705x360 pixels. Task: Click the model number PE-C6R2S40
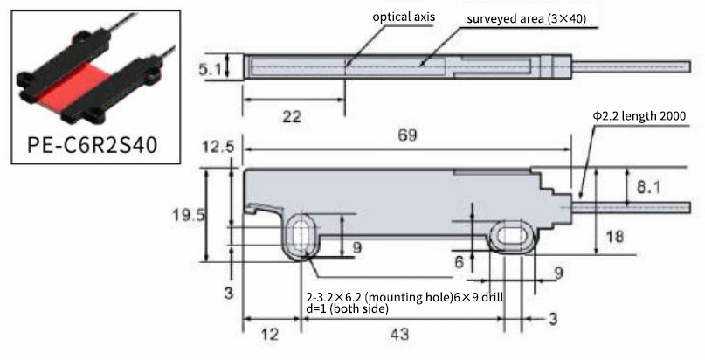[x=93, y=145]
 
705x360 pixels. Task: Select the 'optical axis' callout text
[x=404, y=17]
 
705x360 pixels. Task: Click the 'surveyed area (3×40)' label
[x=527, y=19]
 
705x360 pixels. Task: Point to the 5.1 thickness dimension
[x=210, y=69]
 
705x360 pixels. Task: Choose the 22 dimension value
[x=292, y=117]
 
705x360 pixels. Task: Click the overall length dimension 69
[x=407, y=135]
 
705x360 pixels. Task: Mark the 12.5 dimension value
[x=218, y=147]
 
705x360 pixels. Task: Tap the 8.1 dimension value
[x=649, y=187]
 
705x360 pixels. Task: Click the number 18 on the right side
[x=615, y=237]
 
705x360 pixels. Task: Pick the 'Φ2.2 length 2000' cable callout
[x=639, y=116]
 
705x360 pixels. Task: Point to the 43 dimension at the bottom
[x=399, y=335]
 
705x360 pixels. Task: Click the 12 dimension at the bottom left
[x=269, y=335]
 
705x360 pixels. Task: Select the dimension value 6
[x=459, y=262]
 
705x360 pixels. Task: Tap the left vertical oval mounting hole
[x=301, y=237]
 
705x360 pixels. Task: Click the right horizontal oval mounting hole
[x=513, y=236]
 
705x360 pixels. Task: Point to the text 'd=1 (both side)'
[x=347, y=309]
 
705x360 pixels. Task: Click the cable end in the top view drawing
[x=689, y=66]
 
